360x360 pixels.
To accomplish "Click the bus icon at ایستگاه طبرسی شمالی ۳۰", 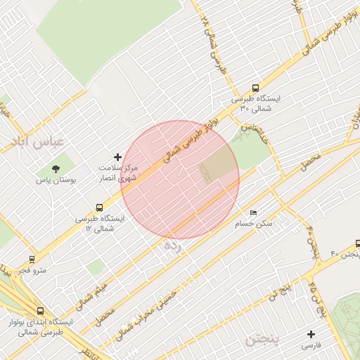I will pyautogui.click(x=255, y=89).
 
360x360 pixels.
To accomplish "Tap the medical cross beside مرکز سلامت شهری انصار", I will pyautogui.click(x=117, y=156).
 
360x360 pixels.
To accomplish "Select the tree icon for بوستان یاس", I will pyautogui.click(x=54, y=169).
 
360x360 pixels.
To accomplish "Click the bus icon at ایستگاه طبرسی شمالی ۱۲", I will pyautogui.click(x=99, y=208).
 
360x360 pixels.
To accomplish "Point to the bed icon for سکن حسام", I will pyautogui.click(x=254, y=212).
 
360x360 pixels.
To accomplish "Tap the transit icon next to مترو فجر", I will pyautogui.click(x=32, y=259).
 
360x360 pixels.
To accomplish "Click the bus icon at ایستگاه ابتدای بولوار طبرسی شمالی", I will pyautogui.click(x=39, y=310).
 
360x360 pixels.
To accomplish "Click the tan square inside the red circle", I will pyautogui.click(x=219, y=166).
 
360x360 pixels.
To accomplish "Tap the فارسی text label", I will pyautogui.click(x=311, y=346).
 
